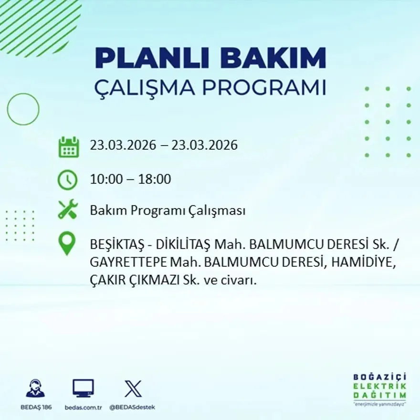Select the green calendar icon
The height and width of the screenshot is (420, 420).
point(68,147)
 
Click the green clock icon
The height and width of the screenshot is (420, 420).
point(67,180)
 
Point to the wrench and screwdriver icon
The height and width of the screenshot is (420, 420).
point(67,210)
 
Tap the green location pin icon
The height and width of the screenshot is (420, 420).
point(67,242)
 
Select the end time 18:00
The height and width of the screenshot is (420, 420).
point(155,180)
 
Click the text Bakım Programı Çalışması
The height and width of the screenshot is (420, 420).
point(168,210)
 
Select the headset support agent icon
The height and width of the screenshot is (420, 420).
point(35,388)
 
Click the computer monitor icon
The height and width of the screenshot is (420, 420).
point(83,388)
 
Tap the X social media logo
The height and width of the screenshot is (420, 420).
point(133,388)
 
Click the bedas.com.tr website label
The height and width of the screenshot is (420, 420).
point(83,407)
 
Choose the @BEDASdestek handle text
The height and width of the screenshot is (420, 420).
point(132,407)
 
